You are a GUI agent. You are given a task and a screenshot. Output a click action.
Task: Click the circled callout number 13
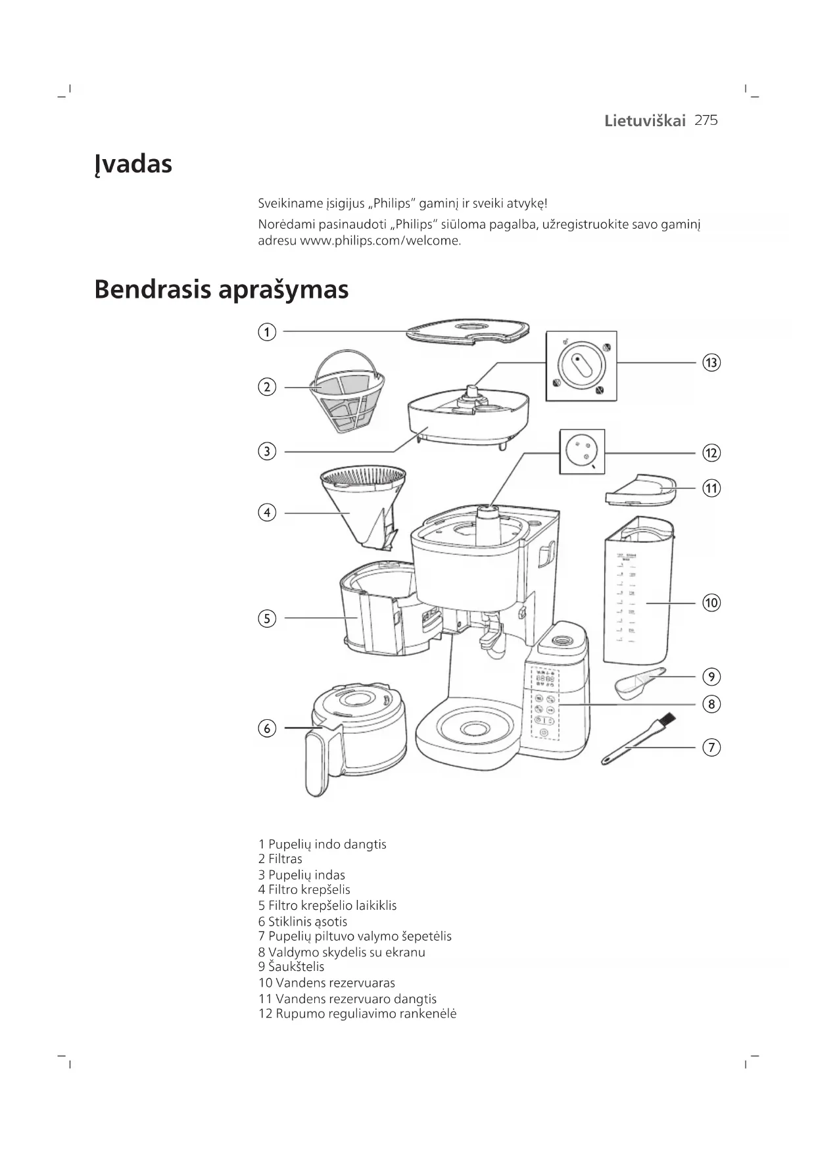[711, 363]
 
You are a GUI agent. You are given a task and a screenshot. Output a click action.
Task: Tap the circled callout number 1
[266, 332]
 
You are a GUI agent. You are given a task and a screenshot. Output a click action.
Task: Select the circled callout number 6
[266, 728]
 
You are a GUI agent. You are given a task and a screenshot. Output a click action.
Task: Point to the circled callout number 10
[711, 603]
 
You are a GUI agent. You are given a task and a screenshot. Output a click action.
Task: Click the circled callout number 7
[711, 747]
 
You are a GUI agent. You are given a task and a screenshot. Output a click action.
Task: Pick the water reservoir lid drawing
[640, 490]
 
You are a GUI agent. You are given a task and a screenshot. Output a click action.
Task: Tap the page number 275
[706, 120]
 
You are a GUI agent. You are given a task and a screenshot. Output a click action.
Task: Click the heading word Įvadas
[133, 164]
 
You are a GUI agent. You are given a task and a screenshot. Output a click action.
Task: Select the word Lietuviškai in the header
[644, 121]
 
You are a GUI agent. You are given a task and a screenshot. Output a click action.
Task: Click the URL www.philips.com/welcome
[380, 241]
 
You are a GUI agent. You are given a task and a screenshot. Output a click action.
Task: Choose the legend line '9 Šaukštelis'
[291, 967]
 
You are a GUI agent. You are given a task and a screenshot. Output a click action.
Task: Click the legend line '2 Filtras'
[280, 859]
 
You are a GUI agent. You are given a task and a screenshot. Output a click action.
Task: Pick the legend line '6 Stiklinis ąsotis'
[302, 922]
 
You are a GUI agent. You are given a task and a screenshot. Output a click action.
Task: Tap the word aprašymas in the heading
[283, 290]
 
